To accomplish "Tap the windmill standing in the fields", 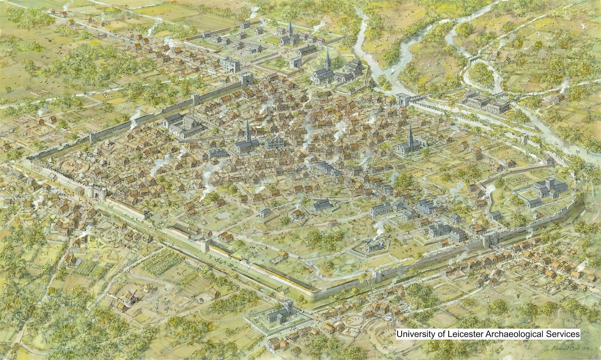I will tap(130, 297).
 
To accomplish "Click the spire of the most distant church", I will tap(290, 28).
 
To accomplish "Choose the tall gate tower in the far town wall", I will tap(247, 80).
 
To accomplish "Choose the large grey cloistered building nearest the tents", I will tap(179, 125).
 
